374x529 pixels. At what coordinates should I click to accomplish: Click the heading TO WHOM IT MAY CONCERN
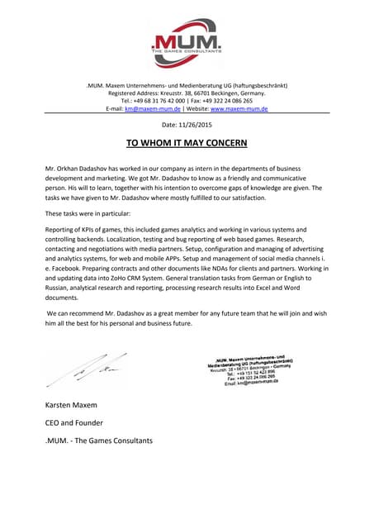coord(187,143)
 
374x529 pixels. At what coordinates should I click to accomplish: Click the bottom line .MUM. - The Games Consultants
coord(98,441)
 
